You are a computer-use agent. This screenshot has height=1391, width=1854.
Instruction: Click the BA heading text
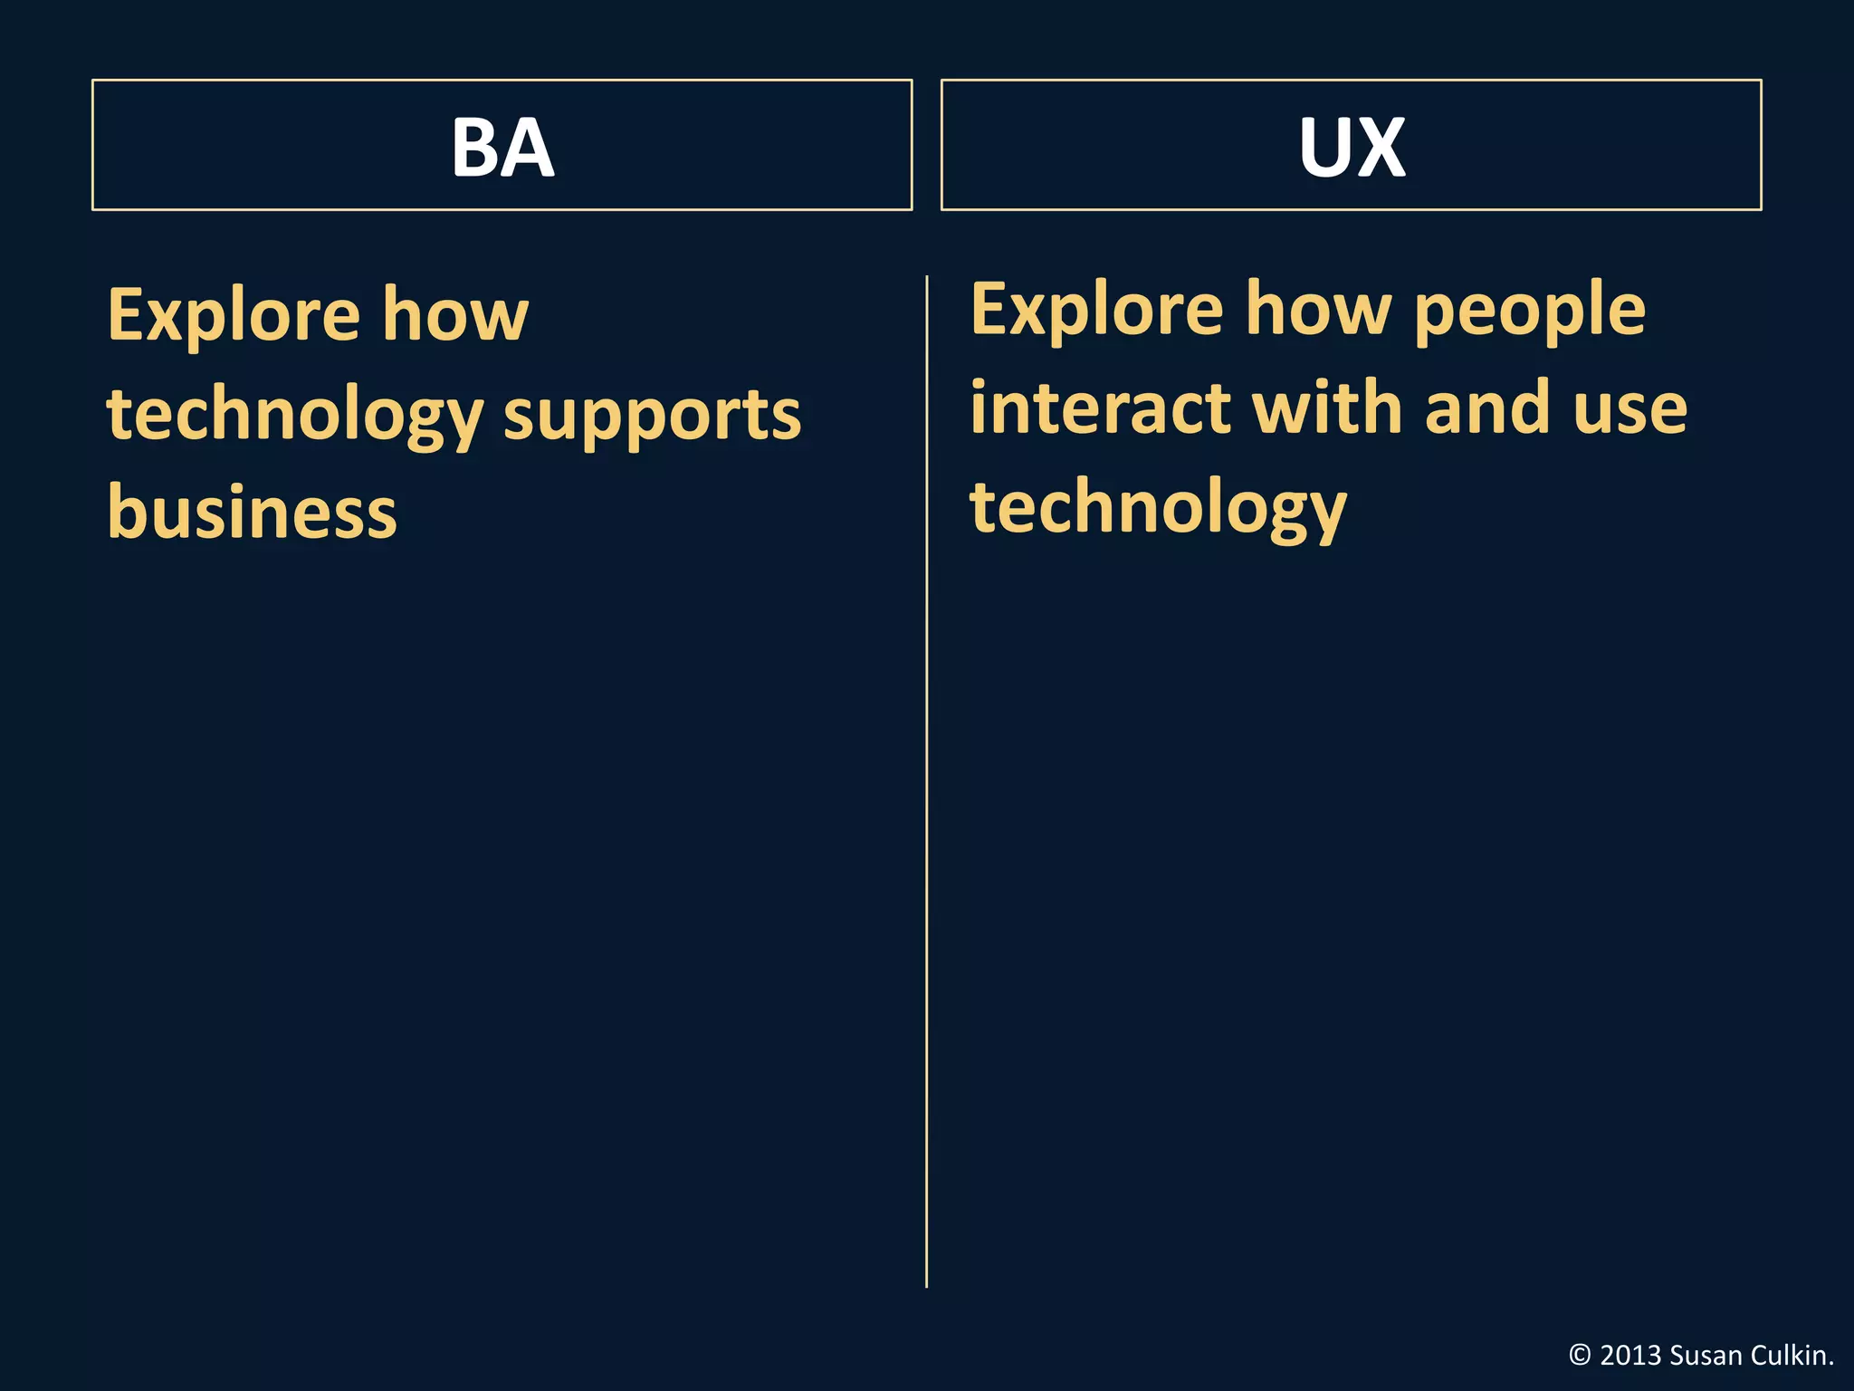pos(502,147)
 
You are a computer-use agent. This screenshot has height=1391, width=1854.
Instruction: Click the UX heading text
pos(1352,147)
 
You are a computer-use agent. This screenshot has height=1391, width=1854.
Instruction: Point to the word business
pos(253,512)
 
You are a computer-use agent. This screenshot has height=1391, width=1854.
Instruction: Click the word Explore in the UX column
pos(1097,310)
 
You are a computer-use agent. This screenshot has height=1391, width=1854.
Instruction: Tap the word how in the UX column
pos(1319,310)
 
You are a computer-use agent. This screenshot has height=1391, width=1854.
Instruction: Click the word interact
pos(1100,408)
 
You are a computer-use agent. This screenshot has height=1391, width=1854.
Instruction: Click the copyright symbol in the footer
pos(1580,1356)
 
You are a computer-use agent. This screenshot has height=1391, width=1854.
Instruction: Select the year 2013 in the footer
pos(1630,1356)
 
